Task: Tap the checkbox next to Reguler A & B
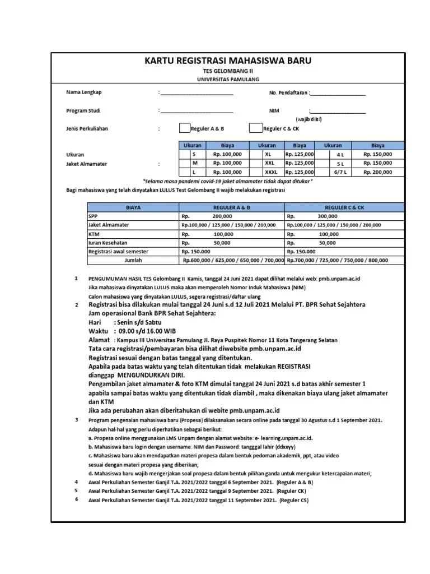pos(184,128)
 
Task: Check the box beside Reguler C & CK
pos(255,128)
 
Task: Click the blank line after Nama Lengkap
pos(197,93)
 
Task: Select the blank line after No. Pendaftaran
pos(338,93)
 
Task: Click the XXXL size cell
pos(271,172)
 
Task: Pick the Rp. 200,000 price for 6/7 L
pos(377,172)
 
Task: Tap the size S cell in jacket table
pos(194,154)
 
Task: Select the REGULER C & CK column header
pos(344,207)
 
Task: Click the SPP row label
pos(93,216)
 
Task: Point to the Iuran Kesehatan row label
pos(108,243)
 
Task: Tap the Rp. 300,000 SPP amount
pos(327,216)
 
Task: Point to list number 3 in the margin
pos(77,419)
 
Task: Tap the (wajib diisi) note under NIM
pos(309,119)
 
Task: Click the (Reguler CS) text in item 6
pos(293,500)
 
